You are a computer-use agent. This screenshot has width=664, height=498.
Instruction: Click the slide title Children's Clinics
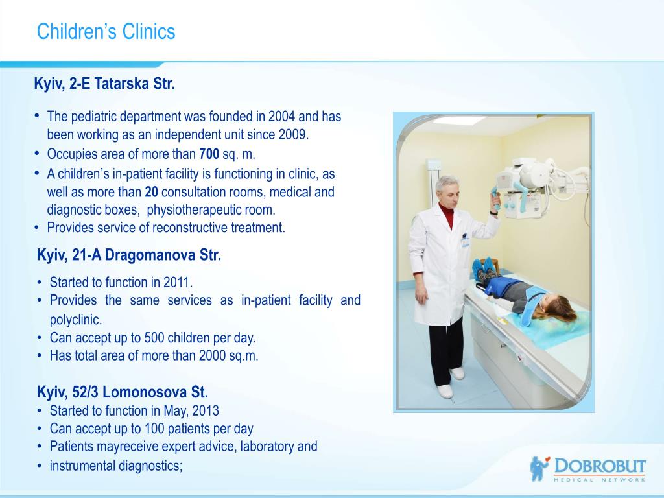tap(106, 32)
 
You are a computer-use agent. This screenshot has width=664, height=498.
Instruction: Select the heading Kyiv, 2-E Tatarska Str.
tap(104, 84)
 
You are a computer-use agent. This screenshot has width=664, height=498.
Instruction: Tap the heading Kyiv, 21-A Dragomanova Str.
tap(129, 255)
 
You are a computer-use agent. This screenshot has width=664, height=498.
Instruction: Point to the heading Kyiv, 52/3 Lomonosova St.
tap(123, 392)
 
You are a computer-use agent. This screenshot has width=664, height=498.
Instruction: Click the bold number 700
tap(209, 154)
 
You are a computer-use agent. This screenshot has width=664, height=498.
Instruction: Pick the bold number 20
tap(152, 192)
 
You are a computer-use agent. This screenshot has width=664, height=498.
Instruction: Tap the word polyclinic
tap(76, 320)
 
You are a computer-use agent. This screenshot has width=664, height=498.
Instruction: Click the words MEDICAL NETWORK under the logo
tap(600, 480)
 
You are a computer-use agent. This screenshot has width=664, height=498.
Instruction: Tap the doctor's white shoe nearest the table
tap(457, 373)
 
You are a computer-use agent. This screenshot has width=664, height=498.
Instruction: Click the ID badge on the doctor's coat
tap(465, 242)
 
